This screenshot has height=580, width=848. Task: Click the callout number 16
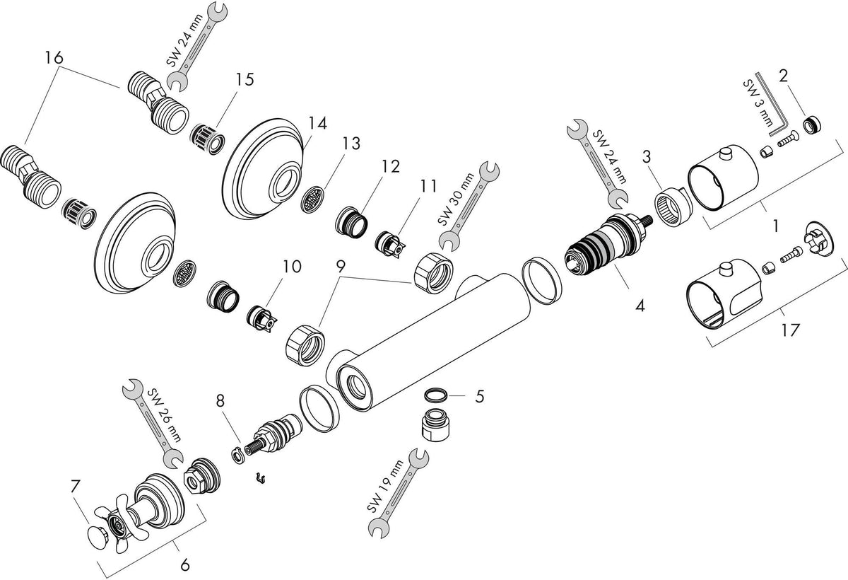click(x=54, y=58)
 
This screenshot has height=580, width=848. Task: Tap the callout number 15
click(x=245, y=79)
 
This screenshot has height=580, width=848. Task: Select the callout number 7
click(x=76, y=487)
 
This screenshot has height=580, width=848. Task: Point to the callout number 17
click(x=790, y=330)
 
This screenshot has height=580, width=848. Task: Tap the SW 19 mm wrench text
click(x=385, y=487)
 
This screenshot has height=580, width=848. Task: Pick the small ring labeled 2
click(x=812, y=125)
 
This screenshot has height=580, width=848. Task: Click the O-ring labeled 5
click(x=435, y=396)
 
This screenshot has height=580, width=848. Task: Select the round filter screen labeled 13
click(x=313, y=199)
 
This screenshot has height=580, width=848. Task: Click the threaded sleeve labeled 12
click(x=352, y=221)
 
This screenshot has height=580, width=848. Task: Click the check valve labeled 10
click(x=262, y=320)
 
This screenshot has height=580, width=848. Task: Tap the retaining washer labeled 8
click(x=237, y=455)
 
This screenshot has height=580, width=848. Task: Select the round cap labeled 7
click(x=98, y=534)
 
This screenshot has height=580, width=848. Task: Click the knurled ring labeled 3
click(x=673, y=209)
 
